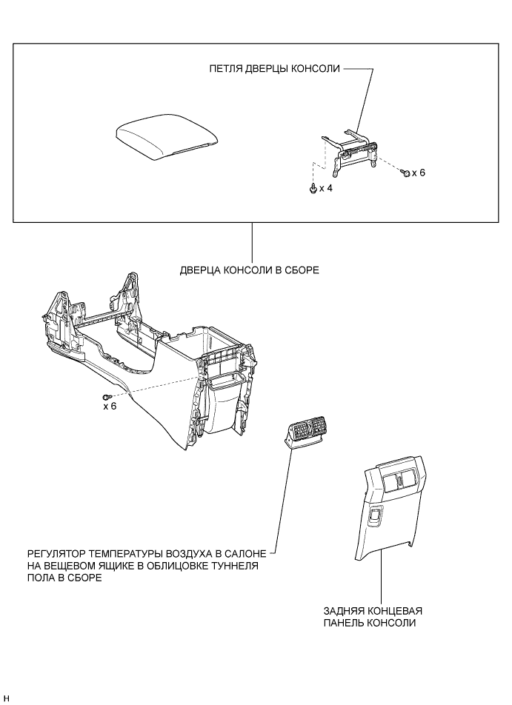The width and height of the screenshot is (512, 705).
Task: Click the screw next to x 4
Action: point(312,188)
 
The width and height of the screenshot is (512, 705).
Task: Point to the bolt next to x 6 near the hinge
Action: point(405,173)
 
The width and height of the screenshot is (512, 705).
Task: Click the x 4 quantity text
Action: point(326,189)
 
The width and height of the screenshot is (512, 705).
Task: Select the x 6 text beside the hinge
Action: point(419,173)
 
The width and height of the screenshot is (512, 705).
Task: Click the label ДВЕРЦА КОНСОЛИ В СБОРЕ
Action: point(249,270)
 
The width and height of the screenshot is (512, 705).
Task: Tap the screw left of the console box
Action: point(109,397)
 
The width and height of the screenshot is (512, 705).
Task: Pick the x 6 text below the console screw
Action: point(110,407)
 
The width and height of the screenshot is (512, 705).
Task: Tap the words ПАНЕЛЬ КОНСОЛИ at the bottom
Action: point(369,624)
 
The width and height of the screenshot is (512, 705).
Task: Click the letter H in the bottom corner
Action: point(6,698)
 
